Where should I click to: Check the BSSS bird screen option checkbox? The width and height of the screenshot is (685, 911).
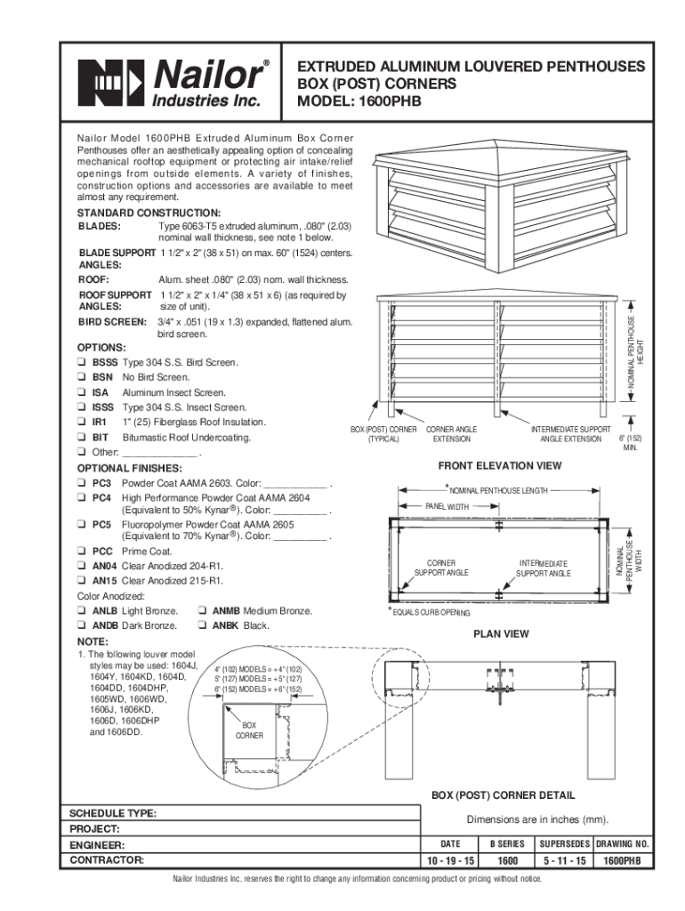coord(82,363)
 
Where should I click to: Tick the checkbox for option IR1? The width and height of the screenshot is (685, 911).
coord(82,423)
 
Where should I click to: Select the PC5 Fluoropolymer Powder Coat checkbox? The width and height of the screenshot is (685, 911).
coord(82,525)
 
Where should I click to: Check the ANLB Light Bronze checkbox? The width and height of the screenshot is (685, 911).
coord(82,611)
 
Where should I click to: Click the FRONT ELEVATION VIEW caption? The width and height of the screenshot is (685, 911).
coord(500,465)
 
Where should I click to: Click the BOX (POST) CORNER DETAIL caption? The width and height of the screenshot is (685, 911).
coord(503,795)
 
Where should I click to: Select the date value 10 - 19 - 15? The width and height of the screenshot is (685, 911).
coord(449,861)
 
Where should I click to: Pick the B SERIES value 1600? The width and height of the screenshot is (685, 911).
coord(508,861)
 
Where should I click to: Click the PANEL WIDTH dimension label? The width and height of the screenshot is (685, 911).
coord(447,506)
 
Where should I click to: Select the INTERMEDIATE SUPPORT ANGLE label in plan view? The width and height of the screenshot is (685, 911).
coord(544,568)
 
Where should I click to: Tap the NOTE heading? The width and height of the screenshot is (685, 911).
coord(93,641)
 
